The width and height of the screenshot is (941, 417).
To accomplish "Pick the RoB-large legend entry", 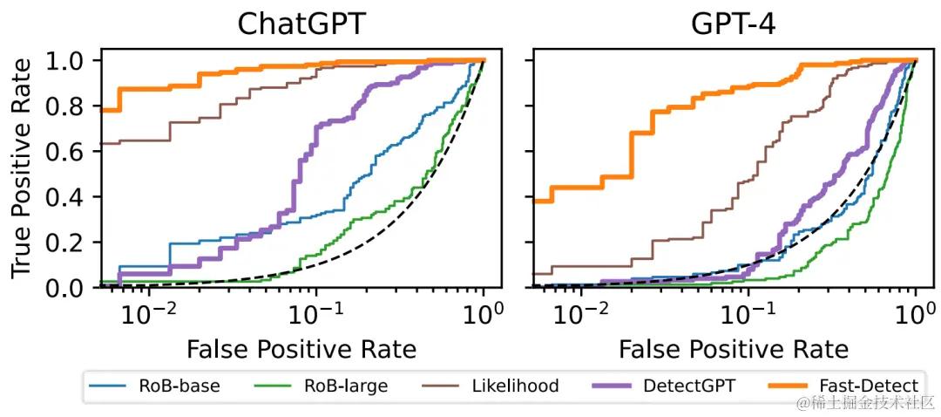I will click(x=335, y=386).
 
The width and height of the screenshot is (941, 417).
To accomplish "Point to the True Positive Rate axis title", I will click(x=21, y=168).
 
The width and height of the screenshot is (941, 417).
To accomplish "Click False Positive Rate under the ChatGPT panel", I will click(x=301, y=350).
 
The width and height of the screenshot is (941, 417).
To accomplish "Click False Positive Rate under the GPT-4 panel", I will click(x=733, y=350).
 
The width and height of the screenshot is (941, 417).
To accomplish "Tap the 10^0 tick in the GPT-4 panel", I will click(x=917, y=311).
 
